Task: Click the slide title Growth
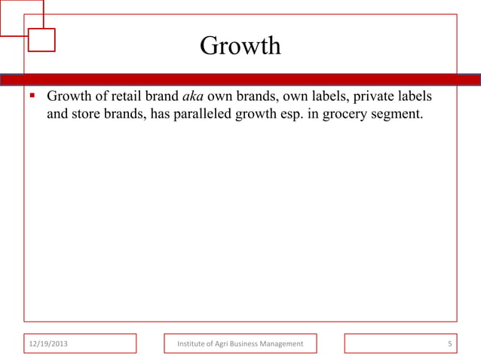(240, 47)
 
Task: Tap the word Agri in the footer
(227, 344)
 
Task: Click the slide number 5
(449, 344)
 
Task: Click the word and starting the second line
(59, 117)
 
